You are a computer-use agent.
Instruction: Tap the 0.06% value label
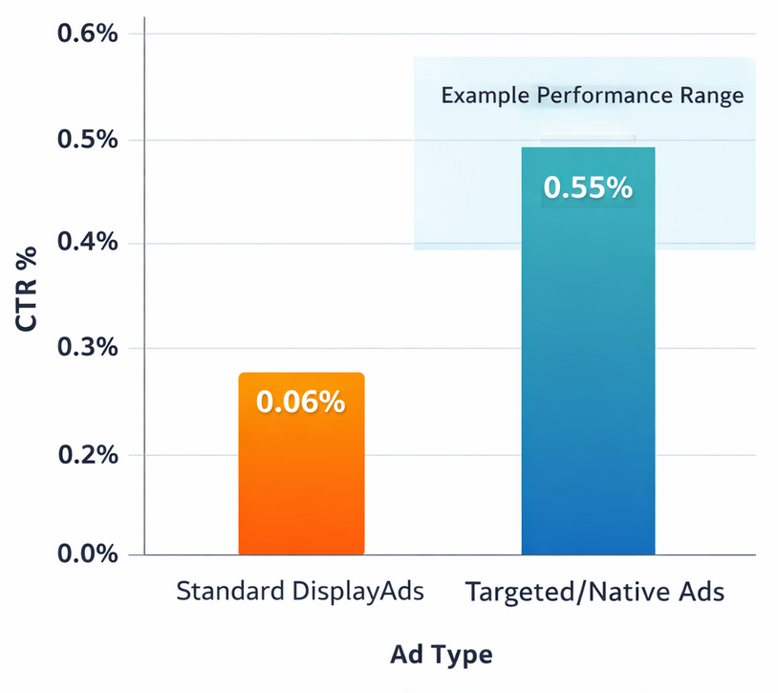pyautogui.click(x=301, y=402)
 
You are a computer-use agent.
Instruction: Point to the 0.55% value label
pyautogui.click(x=588, y=187)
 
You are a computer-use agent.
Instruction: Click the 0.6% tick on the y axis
pyautogui.click(x=88, y=34)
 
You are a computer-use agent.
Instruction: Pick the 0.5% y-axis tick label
pyautogui.click(x=88, y=140)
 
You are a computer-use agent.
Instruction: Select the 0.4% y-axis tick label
pyautogui.click(x=88, y=244)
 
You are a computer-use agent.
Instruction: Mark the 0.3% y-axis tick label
pyautogui.click(x=88, y=348)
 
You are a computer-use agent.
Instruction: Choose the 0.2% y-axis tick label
pyautogui.click(x=88, y=454)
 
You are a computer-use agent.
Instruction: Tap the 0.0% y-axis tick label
pyautogui.click(x=88, y=554)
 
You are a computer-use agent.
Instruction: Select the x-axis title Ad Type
pyautogui.click(x=442, y=655)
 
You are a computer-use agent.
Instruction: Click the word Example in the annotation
pyautogui.click(x=485, y=97)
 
